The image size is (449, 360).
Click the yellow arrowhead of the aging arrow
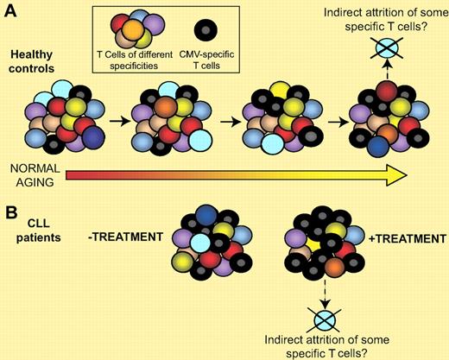coord(393,175)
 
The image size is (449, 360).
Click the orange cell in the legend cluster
coord(130,31)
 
